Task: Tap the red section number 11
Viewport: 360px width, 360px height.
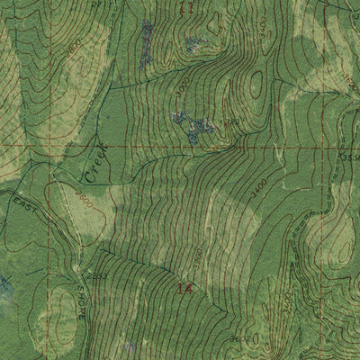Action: click(186, 8)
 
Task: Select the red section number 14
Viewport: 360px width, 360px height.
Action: click(185, 290)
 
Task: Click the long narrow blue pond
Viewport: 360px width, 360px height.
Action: click(147, 40)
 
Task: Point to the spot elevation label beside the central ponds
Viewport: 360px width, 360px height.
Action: click(232, 121)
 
